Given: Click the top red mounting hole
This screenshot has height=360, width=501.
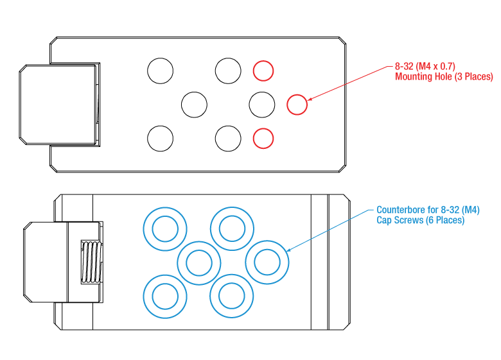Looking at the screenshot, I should [x=263, y=71].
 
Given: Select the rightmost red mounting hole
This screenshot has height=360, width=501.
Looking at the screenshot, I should [x=297, y=104].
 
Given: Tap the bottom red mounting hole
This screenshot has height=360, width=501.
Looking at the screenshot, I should [x=263, y=137].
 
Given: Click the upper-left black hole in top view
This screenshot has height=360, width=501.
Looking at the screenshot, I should [x=161, y=71].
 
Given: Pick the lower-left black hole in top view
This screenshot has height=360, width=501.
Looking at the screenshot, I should [x=161, y=137].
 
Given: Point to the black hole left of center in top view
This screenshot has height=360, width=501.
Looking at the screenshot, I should [x=194, y=104].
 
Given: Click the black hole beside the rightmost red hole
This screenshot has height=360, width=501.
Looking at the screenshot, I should [x=261, y=104].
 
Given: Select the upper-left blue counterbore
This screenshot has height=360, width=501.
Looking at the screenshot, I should [x=164, y=228].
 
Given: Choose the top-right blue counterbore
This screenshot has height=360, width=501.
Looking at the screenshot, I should [x=232, y=228].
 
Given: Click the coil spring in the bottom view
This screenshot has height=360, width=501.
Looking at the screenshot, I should [x=91, y=262].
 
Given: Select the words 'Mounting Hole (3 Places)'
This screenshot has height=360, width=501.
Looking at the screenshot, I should [x=444, y=77].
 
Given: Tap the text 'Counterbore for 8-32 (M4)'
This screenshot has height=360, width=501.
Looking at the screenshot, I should [x=428, y=210].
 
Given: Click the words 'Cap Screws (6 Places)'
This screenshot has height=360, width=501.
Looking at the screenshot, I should [x=420, y=220].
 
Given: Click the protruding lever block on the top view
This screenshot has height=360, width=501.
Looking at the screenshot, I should [x=58, y=104].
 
